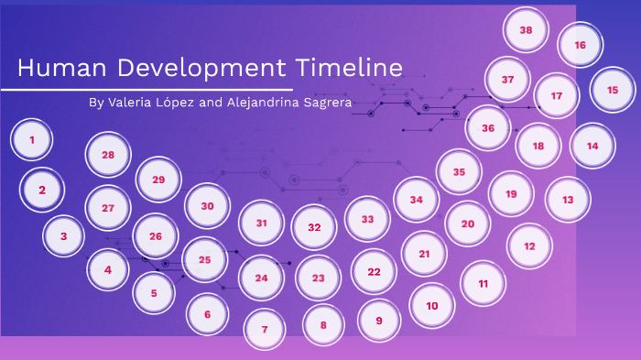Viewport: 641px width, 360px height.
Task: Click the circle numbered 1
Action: pos(32,140)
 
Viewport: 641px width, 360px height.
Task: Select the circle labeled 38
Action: pos(527,30)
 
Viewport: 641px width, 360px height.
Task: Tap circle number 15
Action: pos(613,90)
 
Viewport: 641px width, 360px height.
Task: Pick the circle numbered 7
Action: pos(265,329)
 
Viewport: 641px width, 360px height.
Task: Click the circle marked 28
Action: pos(108,155)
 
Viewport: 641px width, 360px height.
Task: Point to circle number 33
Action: pos(367,220)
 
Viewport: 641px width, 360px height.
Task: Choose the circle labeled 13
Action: pos(568,199)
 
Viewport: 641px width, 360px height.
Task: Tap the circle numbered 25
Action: pos(205,259)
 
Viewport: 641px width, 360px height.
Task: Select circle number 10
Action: pos(432,305)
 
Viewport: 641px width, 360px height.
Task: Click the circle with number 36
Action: pos(488,128)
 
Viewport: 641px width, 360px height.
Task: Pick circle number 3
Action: pos(64,236)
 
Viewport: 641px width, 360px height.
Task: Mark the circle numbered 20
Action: pos(467,224)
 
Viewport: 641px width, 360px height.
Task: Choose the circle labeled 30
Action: pos(207,206)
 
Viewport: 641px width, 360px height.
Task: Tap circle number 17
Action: pos(556,94)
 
